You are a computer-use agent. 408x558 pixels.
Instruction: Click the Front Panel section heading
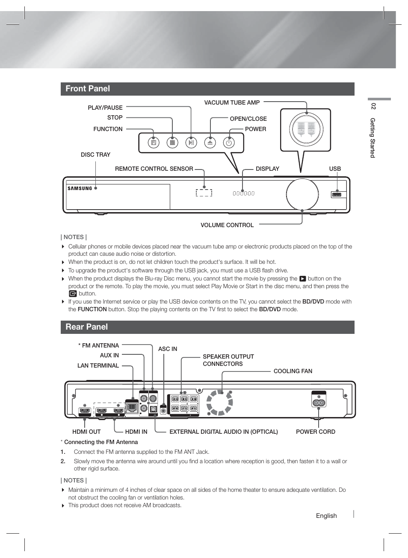click(x=88, y=89)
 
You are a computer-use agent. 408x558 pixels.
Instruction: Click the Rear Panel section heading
click(x=87, y=327)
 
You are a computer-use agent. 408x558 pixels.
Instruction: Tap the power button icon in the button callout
click(x=229, y=143)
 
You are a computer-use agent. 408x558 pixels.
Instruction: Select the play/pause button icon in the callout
click(x=191, y=143)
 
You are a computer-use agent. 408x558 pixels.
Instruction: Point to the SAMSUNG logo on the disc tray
click(x=80, y=188)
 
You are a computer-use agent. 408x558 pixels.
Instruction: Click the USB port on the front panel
click(x=337, y=195)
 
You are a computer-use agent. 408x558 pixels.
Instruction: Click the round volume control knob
click(x=302, y=194)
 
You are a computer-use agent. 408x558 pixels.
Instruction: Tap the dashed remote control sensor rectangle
click(x=204, y=193)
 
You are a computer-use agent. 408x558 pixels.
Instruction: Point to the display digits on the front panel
click(x=243, y=193)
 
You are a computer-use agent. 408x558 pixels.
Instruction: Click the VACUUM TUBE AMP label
click(x=232, y=102)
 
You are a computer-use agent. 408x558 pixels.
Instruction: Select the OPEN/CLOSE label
click(x=248, y=119)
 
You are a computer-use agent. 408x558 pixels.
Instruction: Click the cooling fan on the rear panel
click(x=219, y=402)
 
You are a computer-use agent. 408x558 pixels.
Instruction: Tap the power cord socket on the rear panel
click(x=319, y=402)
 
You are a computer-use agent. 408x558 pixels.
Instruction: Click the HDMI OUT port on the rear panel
click(x=85, y=412)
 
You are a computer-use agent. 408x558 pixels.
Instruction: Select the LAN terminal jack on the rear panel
click(x=132, y=407)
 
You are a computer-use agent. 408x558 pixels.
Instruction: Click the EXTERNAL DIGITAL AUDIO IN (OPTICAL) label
click(x=224, y=432)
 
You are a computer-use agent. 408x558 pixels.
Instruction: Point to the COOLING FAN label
click(x=293, y=371)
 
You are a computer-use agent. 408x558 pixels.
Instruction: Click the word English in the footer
click(x=326, y=516)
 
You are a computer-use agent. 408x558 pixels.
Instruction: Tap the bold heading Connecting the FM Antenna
click(x=101, y=442)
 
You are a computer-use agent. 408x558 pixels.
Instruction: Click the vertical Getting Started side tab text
click(x=373, y=137)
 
